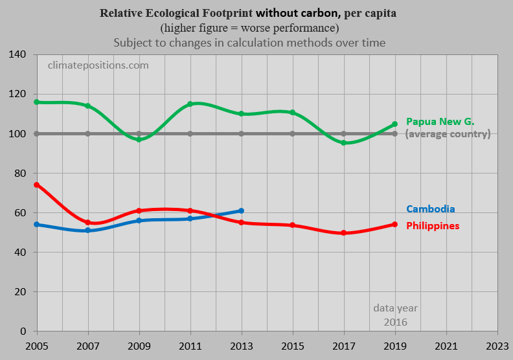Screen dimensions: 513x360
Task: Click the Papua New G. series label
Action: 440,122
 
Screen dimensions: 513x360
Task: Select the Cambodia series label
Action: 431,209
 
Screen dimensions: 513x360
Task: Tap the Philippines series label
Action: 433,226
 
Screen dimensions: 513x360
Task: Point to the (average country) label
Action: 448,134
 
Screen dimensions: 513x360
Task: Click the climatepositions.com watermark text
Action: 98,65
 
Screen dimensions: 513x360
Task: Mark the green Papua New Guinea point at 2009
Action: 139,139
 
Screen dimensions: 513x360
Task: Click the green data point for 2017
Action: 343,143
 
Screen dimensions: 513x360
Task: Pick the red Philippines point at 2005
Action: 37,185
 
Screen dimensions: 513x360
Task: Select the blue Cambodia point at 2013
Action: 241,211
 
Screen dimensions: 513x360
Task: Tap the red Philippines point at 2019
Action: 395,224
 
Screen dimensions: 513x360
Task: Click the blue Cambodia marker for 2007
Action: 87,231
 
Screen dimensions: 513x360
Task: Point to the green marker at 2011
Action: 190,104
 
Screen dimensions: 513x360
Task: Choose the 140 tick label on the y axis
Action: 17,54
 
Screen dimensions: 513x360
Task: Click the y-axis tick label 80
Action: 20,174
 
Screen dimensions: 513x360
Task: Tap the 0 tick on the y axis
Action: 23,332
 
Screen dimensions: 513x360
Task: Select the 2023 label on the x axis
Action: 497,346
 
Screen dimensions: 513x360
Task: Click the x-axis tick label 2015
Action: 293,346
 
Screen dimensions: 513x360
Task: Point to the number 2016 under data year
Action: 396,322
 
